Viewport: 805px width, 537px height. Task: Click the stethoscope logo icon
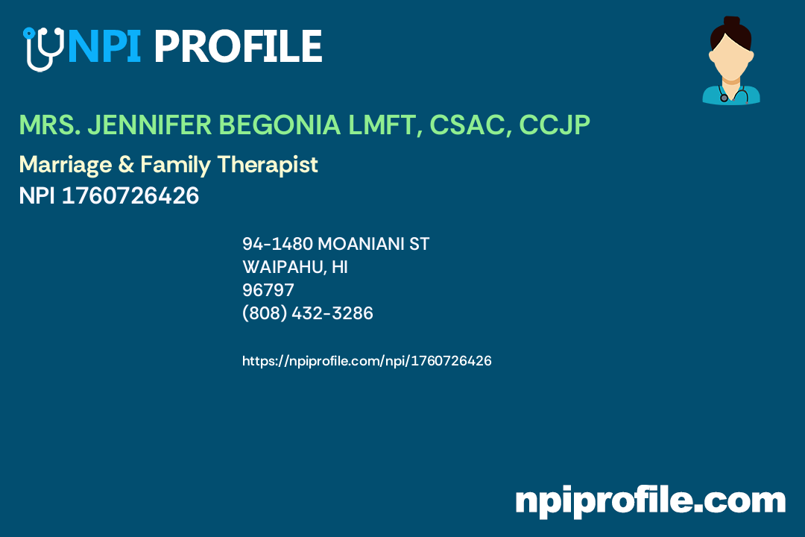coord(43,48)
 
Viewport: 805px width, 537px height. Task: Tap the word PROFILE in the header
coord(238,46)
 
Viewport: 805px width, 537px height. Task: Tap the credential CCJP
coord(555,126)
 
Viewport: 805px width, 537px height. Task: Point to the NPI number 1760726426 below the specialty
coord(130,196)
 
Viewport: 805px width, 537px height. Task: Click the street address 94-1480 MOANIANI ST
coord(335,244)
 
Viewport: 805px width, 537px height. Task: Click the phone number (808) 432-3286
coord(308,314)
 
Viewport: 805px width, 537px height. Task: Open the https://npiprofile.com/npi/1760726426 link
coord(367,361)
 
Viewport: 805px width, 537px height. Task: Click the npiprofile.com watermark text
coord(650,500)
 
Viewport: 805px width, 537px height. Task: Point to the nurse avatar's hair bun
coord(731,22)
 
